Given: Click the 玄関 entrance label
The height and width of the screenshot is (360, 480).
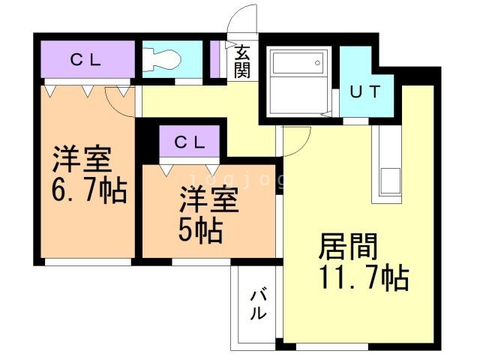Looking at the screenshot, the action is click(242, 61).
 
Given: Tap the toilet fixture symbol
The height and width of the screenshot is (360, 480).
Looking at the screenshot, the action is click(162, 59).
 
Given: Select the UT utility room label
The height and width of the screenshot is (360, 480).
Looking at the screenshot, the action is click(365, 91).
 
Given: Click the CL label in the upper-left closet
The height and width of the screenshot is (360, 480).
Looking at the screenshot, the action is click(85, 60).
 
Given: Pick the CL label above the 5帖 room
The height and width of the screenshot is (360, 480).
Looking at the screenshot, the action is click(190, 142).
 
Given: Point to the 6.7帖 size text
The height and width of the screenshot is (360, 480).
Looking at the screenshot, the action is click(89, 190).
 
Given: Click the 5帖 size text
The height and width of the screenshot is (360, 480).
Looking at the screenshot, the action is click(200, 230).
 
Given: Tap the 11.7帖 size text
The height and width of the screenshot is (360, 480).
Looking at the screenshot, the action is click(364, 277).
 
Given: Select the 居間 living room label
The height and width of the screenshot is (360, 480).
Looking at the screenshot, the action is click(348, 246).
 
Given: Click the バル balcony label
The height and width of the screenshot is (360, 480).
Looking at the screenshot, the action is click(257, 304).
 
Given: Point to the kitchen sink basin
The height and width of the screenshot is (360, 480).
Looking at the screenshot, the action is click(390, 181).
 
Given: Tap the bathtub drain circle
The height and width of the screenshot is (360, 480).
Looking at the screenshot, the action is click(317, 63).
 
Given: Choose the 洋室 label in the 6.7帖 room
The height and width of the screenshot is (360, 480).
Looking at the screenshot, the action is click(82, 160).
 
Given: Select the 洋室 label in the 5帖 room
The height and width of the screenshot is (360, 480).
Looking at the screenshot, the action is click(209, 199).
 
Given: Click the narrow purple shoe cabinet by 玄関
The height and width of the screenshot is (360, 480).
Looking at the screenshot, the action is click(215, 59).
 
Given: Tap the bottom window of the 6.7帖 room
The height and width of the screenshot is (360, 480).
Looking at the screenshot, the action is click(88, 262).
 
